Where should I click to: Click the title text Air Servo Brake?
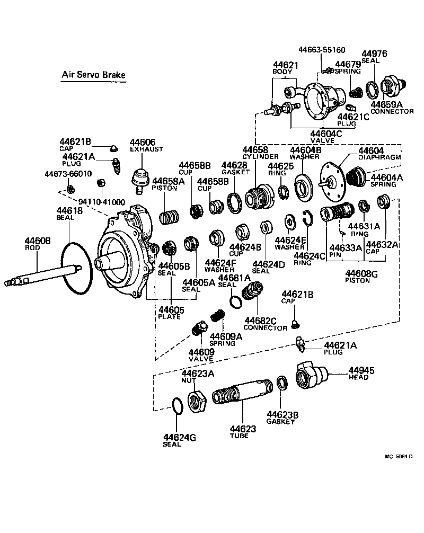93,75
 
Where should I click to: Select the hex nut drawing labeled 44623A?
199,399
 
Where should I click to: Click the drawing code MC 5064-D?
398,456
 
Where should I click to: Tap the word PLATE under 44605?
169,317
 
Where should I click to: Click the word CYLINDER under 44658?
260,157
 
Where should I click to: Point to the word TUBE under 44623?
238,436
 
